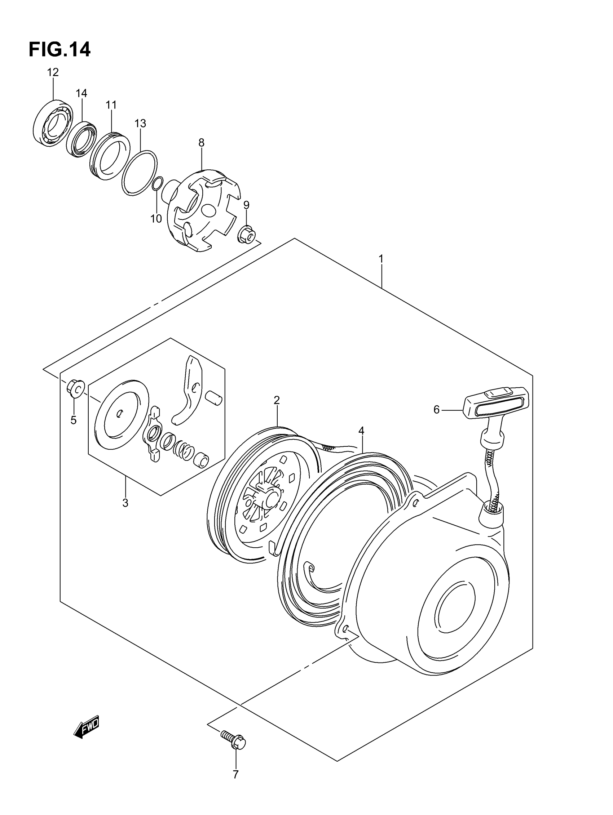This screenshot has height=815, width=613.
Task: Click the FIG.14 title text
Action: (x=59, y=49)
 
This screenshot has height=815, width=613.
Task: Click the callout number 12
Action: (x=53, y=72)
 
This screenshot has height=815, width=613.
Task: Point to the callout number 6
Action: (x=436, y=410)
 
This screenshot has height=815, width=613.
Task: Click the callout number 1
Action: (x=381, y=259)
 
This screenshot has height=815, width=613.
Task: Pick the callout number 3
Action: (x=125, y=503)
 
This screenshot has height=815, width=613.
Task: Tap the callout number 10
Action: (x=156, y=218)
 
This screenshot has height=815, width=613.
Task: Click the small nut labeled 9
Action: (x=246, y=235)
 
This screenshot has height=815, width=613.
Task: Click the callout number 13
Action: (x=140, y=123)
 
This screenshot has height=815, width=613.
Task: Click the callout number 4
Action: (x=361, y=430)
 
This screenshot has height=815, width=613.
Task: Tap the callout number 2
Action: (x=277, y=400)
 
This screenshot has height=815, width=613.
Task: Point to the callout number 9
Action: (x=246, y=205)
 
